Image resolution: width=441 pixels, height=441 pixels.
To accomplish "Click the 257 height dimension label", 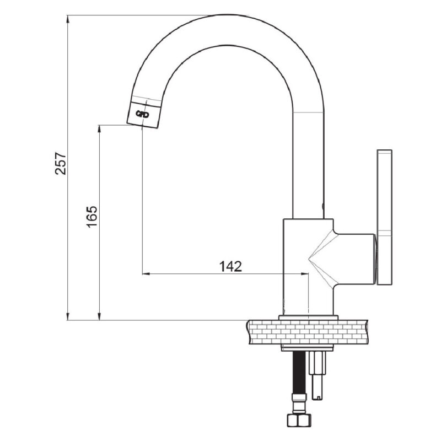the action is [x=61, y=163].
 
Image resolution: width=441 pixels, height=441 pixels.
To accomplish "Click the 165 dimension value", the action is [x=92, y=217].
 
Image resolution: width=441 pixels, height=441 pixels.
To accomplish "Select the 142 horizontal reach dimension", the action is [x=230, y=266].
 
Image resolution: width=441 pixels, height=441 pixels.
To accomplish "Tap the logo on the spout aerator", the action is [x=142, y=114].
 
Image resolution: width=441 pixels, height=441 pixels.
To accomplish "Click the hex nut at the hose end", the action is [x=298, y=421].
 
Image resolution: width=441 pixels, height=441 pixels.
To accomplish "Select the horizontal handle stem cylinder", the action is [x=355, y=259].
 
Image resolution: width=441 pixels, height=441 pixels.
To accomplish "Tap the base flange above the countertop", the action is [x=308, y=317].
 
